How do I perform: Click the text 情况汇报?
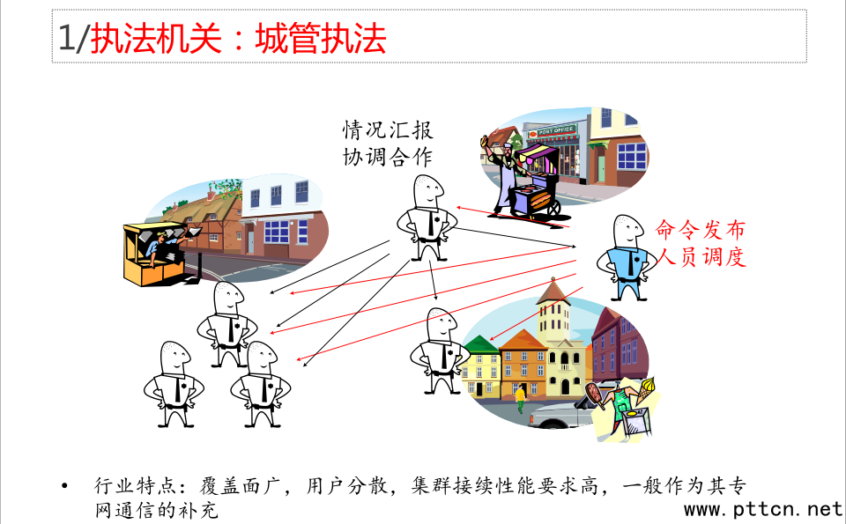(388, 130)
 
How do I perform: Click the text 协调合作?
(388, 158)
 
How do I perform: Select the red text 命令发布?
(701, 230)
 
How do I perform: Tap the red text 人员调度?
(701, 257)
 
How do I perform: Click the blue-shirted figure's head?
(627, 232)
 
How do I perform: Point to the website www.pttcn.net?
(763, 509)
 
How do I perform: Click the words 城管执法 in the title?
(321, 40)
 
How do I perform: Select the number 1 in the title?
(65, 40)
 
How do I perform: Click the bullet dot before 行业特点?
(63, 486)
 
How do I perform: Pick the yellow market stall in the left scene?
(145, 255)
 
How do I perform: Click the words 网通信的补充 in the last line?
(156, 510)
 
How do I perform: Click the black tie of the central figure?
(430, 225)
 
